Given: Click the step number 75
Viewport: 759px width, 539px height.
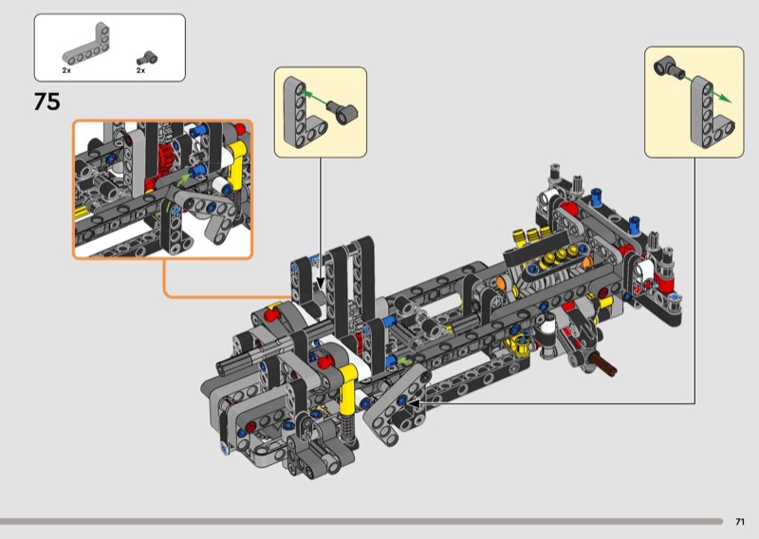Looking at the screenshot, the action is [x=46, y=102].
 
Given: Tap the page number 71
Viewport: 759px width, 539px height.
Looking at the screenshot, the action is [x=740, y=522].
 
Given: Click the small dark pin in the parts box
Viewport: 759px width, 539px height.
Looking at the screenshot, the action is [x=146, y=58].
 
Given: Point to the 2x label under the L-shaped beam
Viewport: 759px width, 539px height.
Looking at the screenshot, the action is [x=66, y=70].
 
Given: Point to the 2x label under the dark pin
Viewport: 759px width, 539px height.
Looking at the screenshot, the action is [x=140, y=70].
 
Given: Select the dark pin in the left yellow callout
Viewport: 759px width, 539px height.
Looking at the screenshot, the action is [x=342, y=111].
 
